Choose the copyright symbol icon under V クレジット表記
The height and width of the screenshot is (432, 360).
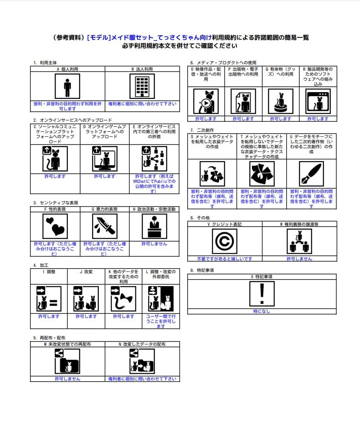coord(225,241)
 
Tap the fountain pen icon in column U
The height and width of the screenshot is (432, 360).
coord(311,174)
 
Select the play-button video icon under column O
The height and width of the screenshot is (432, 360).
coord(206,101)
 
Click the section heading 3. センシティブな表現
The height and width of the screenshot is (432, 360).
coord(55,203)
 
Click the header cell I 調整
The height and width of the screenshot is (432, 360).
coord(49,272)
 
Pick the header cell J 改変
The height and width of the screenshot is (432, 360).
coord(86,272)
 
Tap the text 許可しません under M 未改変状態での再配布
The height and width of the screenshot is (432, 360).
coord(67,379)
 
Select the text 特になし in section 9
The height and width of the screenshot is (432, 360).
coord(262,311)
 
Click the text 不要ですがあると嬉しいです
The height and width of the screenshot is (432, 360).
coord(225,259)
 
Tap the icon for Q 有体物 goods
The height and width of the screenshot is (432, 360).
coord(280,101)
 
